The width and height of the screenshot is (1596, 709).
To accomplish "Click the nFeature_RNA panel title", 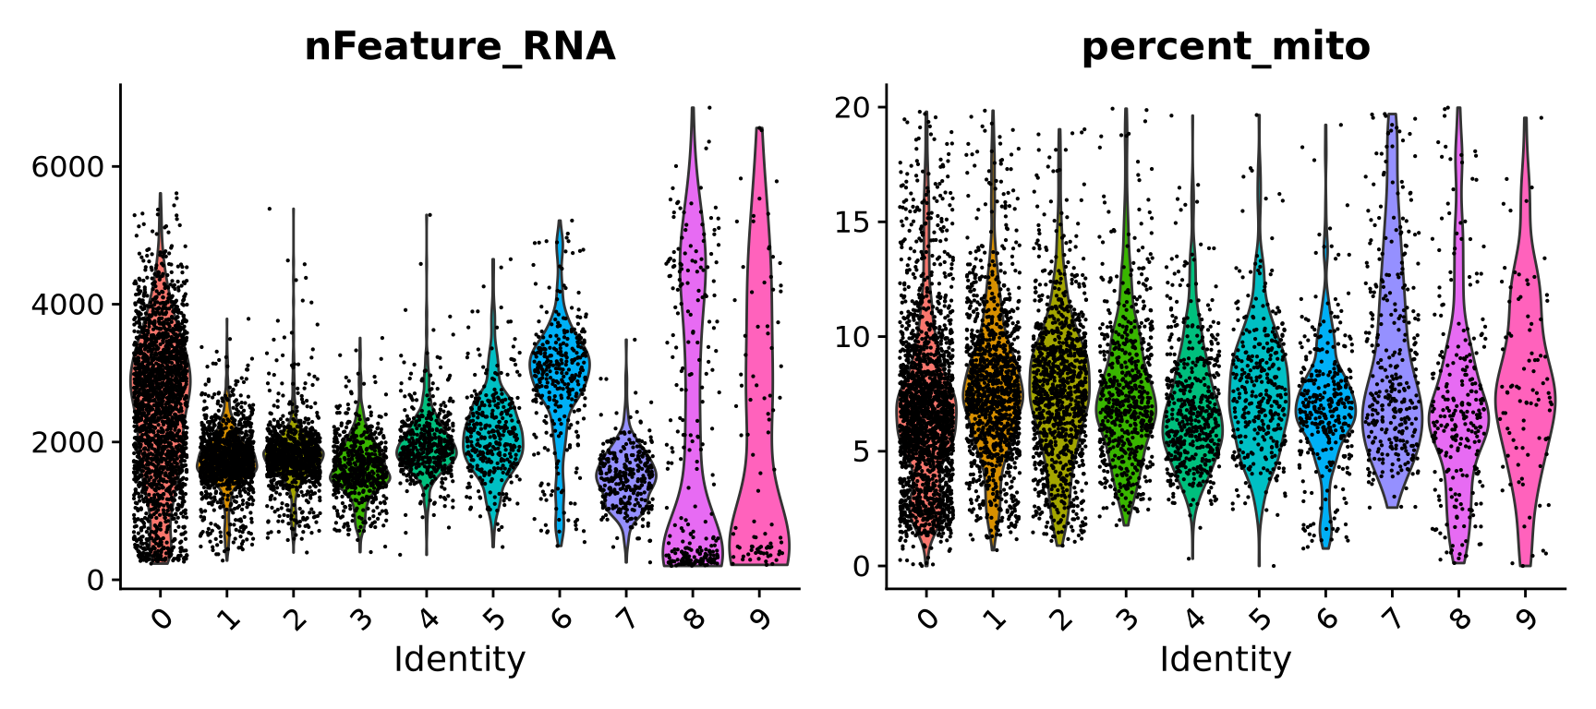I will [460, 46].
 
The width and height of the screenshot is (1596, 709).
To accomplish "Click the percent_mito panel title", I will [1226, 46].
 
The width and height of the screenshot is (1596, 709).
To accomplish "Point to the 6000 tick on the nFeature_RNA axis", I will [68, 167].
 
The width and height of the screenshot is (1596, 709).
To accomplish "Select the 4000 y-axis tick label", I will [68, 305].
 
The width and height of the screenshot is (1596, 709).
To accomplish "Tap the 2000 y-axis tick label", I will [68, 442].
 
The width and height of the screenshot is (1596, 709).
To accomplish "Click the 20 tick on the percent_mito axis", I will [854, 108].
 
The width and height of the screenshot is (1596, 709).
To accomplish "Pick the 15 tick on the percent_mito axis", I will [854, 222].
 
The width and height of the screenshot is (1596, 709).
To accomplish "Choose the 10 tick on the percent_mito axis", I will [854, 337].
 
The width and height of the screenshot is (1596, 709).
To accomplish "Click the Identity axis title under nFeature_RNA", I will [460, 659].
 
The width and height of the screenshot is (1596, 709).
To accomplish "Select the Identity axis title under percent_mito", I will [1226, 659].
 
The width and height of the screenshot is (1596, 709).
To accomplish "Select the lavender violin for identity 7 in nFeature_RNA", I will [626, 471].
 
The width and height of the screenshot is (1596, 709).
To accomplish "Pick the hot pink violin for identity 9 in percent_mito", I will [1525, 397].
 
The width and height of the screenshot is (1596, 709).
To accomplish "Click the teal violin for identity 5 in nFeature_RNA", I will [493, 434].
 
